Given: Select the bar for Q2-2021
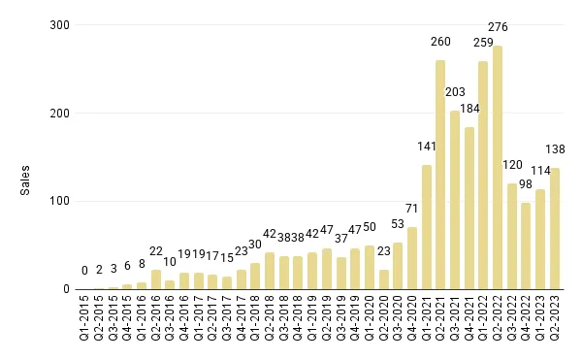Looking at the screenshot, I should (x=440, y=175).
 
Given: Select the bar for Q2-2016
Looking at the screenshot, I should (x=156, y=279).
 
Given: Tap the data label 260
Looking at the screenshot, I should (x=440, y=42).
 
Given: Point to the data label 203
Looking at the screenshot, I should (x=455, y=92).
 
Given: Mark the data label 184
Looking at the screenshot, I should (x=469, y=109).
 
